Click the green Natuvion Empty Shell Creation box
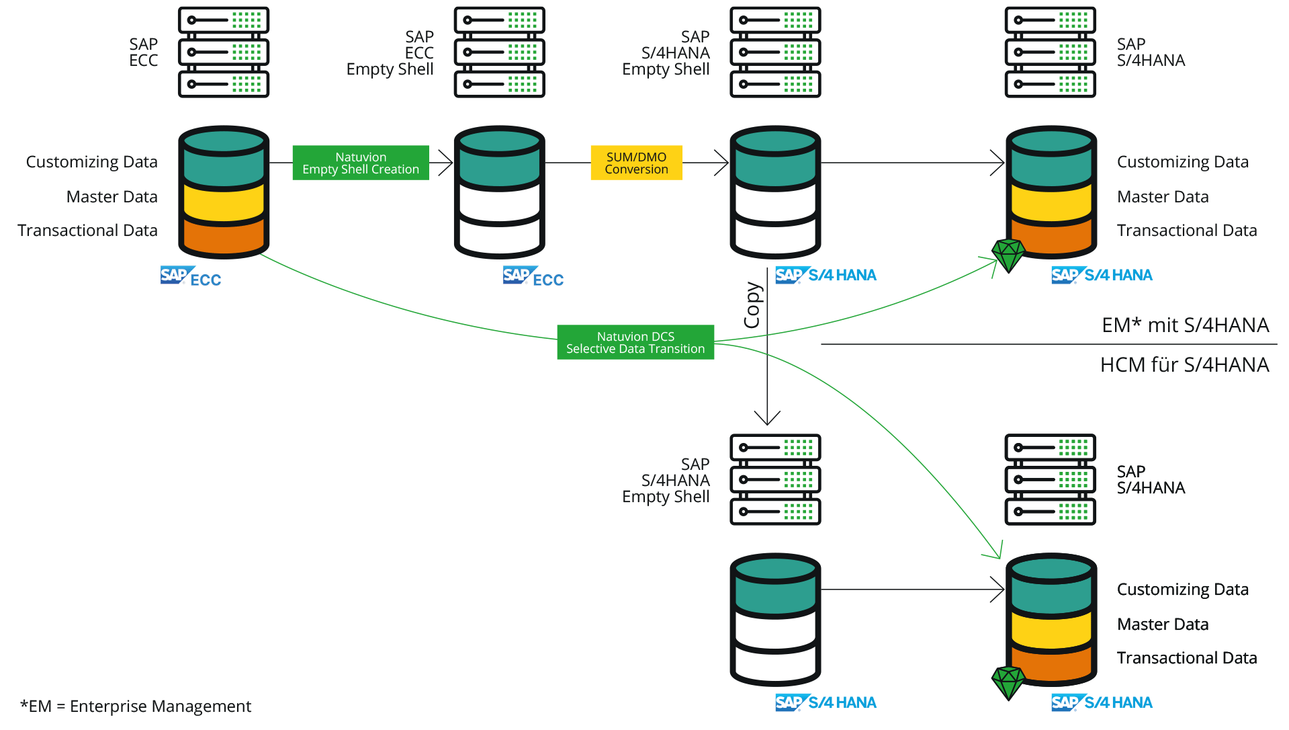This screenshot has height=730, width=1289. [361, 163]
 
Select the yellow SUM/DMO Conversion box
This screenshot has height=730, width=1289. [636, 163]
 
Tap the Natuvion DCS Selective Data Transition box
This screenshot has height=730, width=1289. [635, 342]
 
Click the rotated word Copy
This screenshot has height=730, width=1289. [752, 305]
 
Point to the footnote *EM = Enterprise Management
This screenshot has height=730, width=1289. [136, 706]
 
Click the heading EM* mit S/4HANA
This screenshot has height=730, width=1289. [1185, 325]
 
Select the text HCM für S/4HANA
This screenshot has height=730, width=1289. [1184, 364]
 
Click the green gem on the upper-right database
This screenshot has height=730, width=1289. [1008, 255]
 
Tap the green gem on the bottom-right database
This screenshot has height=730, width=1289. [1008, 682]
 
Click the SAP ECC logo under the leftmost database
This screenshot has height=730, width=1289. [191, 276]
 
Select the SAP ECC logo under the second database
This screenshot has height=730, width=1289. [533, 276]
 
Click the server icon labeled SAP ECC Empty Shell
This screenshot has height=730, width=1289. [499, 52]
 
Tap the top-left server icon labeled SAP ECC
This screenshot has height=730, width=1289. [224, 52]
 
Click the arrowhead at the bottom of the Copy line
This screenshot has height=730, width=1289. [767, 418]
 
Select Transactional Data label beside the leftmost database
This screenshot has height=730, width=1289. [87, 231]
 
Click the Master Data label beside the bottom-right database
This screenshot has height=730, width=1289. [1163, 624]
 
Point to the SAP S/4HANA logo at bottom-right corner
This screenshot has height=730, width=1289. [1102, 702]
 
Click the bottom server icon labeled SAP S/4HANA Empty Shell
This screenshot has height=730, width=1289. [775, 480]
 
